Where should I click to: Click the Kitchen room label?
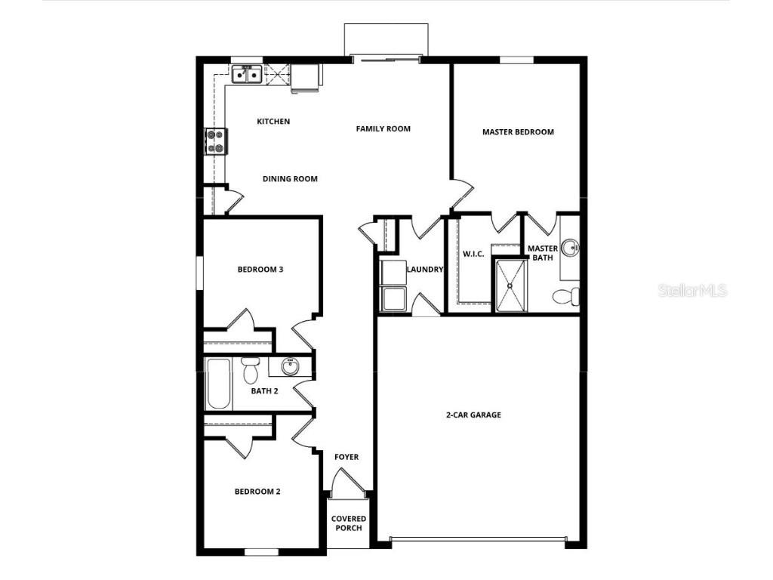point(273,122)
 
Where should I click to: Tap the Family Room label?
point(383,129)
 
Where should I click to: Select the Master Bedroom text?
point(518,132)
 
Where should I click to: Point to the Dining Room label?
point(290,179)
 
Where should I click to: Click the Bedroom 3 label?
point(260,270)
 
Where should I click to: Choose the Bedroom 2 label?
point(257,492)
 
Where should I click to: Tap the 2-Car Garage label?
point(473,415)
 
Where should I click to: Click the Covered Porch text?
point(349,523)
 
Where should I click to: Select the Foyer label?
point(346,457)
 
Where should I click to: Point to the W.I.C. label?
point(473,254)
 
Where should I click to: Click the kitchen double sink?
point(246,75)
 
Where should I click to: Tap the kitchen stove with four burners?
point(216,141)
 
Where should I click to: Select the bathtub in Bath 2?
point(218,384)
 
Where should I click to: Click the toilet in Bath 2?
point(251,370)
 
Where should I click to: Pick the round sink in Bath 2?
point(289,367)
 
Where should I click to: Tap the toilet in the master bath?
point(565,297)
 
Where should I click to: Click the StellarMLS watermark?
point(692,291)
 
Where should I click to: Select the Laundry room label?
point(424,270)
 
